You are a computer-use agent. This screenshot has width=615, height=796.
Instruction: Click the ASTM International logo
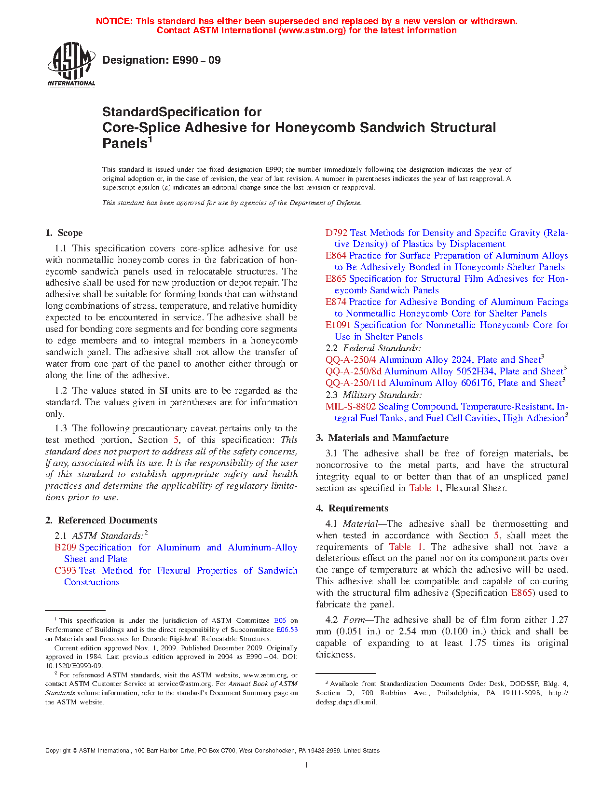71,64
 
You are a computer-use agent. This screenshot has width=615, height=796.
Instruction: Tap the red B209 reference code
65,548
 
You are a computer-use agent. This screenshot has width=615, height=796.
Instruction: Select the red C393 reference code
65,571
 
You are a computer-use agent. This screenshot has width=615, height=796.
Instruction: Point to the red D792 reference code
336,233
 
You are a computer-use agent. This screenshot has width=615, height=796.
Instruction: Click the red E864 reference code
336,256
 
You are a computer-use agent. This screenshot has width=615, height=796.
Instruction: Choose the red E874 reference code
336,302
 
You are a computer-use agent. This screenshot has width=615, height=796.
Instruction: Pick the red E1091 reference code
338,325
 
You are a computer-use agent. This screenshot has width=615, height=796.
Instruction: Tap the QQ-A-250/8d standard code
354,371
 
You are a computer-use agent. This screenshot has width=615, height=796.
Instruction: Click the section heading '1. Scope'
64,233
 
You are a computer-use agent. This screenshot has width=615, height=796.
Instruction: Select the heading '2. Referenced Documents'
101,521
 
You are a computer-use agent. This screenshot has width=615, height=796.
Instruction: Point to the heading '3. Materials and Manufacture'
382,438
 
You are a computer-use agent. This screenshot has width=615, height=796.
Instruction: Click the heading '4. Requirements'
352,508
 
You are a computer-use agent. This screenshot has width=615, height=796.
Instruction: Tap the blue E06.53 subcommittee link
287,630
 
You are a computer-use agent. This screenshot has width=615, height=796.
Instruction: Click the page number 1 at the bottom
307,765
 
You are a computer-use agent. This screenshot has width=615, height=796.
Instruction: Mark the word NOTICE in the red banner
113,21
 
